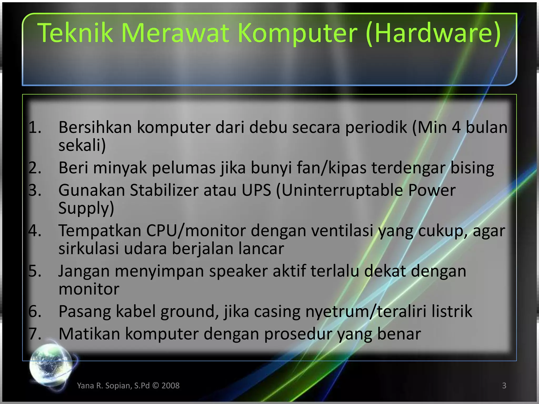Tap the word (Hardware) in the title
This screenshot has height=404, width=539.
click(433, 33)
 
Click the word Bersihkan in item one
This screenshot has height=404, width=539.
click(95, 127)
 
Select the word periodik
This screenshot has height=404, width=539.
click(376, 128)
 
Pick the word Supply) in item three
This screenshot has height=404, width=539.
click(86, 208)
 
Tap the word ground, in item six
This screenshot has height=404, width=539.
click(190, 312)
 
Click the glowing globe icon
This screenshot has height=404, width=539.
click(51, 364)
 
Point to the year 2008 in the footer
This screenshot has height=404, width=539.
click(171, 386)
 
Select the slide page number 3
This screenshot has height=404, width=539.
click(504, 386)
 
